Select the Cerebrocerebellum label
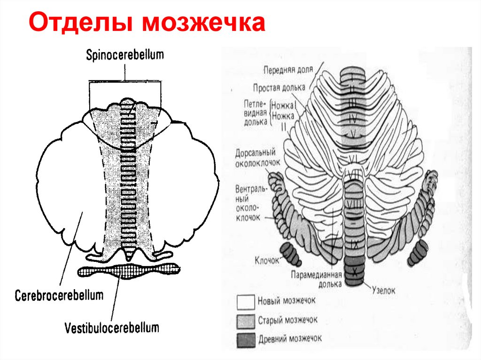pos(59,296)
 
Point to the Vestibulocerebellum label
pos(112,327)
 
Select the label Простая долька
pos(279,87)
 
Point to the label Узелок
pos(384,291)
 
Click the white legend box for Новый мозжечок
pos(245,301)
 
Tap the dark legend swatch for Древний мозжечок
pos(245,338)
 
